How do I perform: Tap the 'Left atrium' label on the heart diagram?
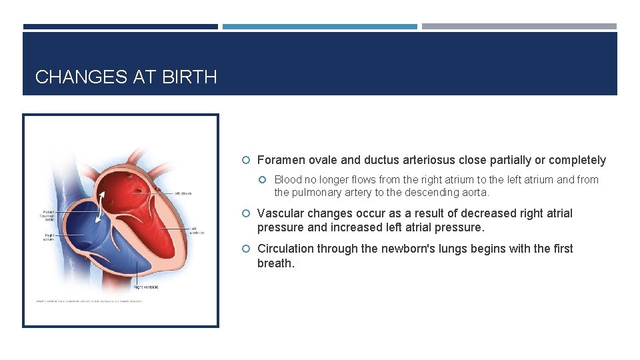tap(183, 194)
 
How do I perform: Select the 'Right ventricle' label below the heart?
tap(146, 287)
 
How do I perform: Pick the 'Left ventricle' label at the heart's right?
tap(197, 230)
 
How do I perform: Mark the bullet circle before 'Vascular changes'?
tap(247, 213)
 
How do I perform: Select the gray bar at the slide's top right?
tap(519, 27)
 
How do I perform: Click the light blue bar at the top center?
tap(319, 27)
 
